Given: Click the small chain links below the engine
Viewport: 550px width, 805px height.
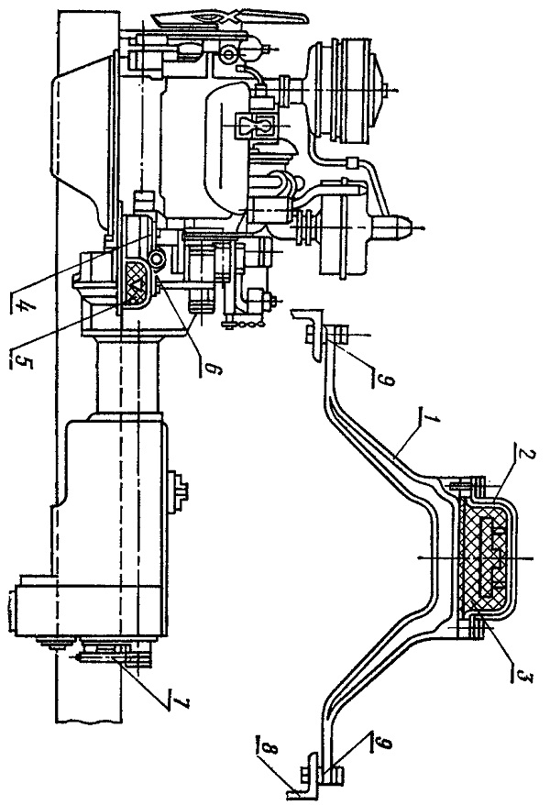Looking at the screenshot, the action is (242, 324).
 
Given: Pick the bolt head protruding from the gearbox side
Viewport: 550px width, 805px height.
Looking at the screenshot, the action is (180, 485).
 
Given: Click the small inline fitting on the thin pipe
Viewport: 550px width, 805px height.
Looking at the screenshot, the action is (351, 163).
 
